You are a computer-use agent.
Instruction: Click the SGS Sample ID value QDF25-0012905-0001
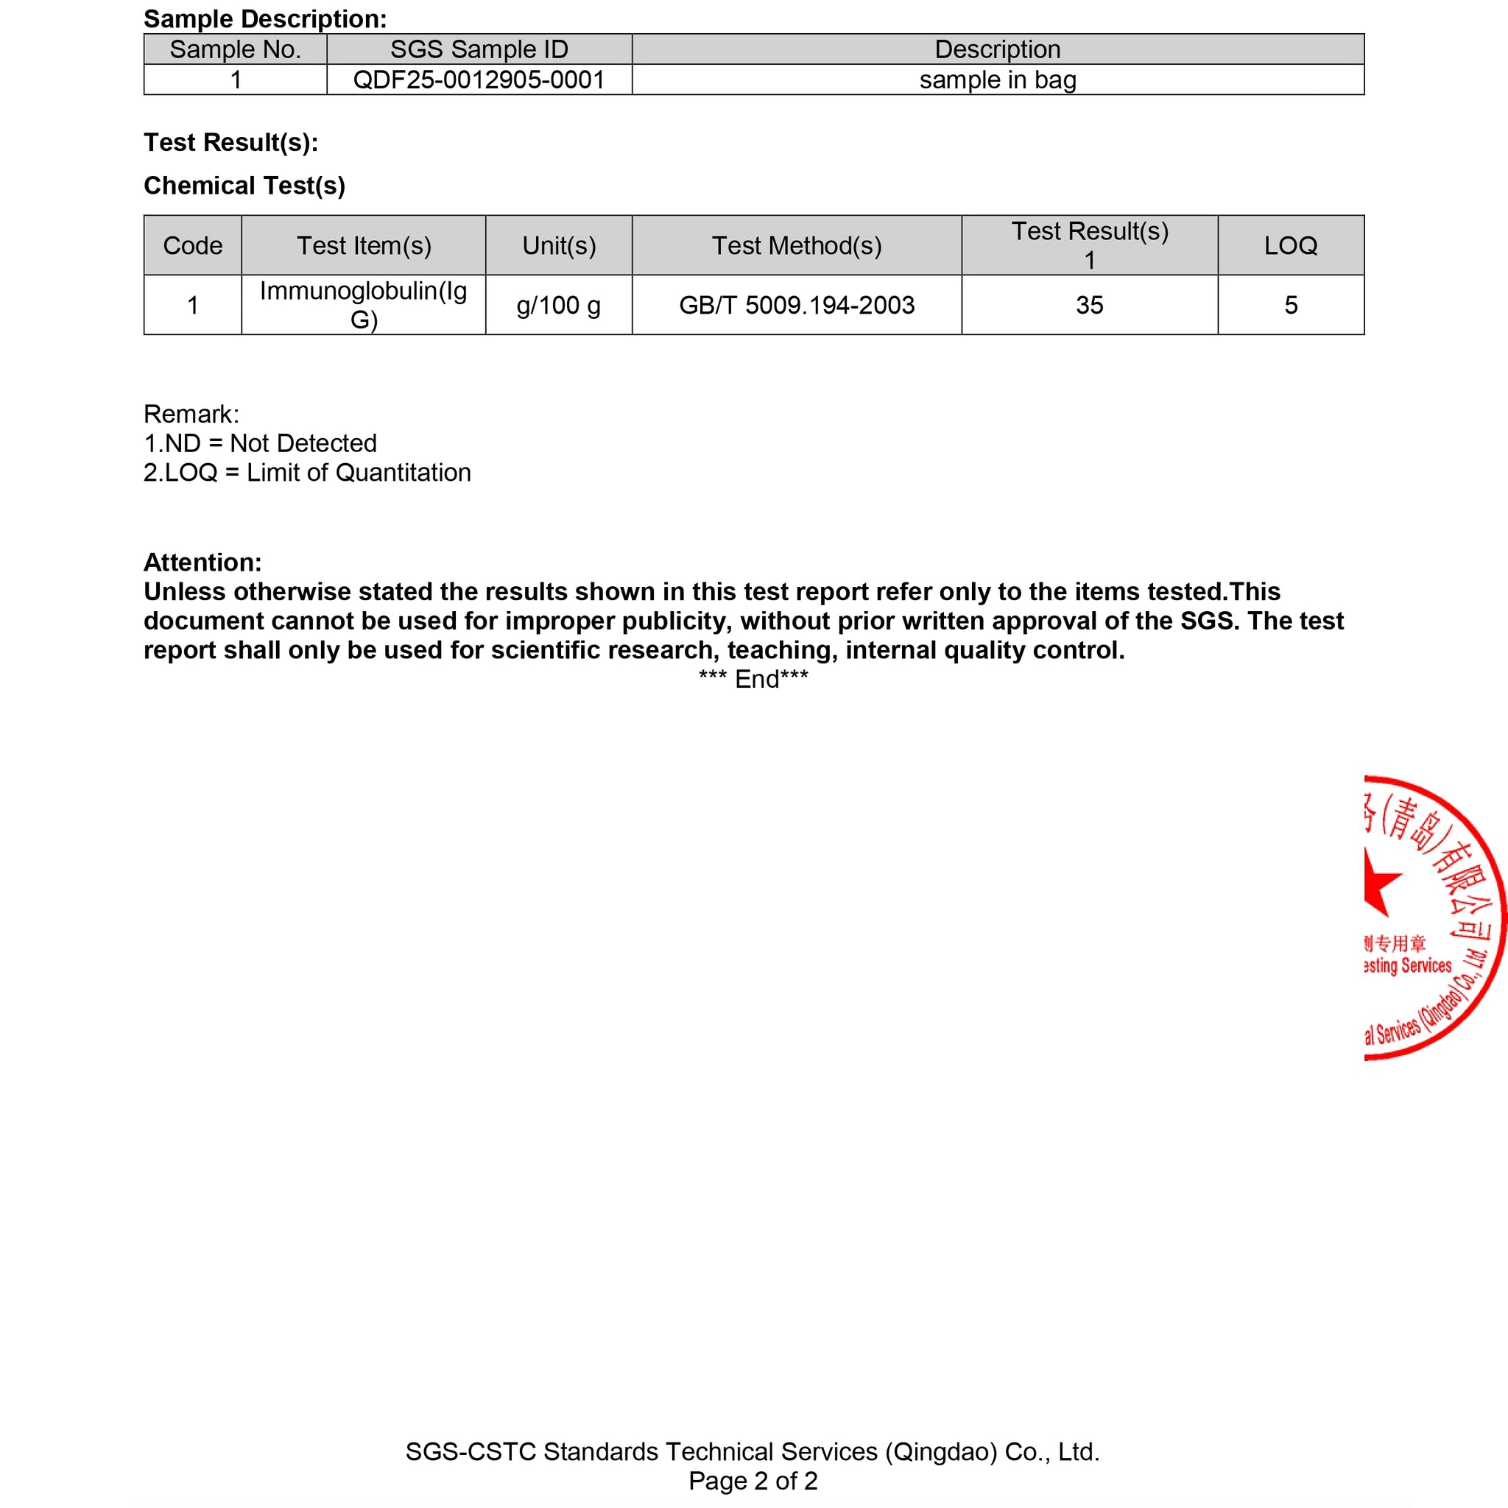pos(479,80)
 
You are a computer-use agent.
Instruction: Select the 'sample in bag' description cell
pos(998,80)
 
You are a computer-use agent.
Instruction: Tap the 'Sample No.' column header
pos(235,49)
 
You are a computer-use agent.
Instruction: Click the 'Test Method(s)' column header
pos(796,245)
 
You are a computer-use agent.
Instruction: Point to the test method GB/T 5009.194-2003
pos(796,304)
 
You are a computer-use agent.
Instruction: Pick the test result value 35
pos(1089,304)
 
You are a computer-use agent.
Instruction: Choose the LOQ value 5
pos(1290,304)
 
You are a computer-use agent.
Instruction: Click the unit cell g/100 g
pos(558,304)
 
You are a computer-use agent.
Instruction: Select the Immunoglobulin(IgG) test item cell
pos(363,304)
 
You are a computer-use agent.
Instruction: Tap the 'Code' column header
pos(193,245)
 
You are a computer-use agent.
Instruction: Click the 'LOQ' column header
pos(1290,245)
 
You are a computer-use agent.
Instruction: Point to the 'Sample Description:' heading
pos(264,18)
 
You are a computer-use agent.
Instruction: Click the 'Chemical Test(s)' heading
pos(244,185)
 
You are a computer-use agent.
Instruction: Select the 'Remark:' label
pos(191,414)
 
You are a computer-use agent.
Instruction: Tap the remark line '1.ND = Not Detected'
pos(260,443)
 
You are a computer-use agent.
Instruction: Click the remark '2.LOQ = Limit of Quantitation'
pos(307,472)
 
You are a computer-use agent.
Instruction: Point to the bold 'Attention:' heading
pos(202,562)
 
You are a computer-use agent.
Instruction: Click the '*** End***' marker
pos(753,679)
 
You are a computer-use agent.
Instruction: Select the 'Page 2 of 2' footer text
pos(753,1481)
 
